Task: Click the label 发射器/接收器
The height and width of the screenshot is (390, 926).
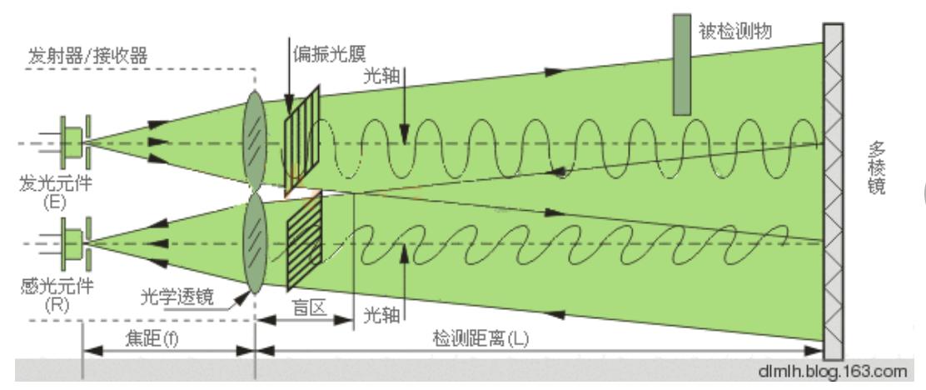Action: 87,57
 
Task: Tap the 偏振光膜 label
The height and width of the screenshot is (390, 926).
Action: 329,54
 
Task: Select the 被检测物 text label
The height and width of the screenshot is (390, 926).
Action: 734,31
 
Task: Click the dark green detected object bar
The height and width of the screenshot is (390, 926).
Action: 682,64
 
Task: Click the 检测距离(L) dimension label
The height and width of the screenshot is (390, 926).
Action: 481,339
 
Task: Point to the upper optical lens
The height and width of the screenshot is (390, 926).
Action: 255,140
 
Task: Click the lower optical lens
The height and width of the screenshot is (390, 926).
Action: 255,242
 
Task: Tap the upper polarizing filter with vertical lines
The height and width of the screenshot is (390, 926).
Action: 301,141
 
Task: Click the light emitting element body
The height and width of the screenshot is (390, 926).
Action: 72,142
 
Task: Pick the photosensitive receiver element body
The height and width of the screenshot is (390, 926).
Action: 72,243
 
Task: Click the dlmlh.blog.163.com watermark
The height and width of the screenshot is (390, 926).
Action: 832,372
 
